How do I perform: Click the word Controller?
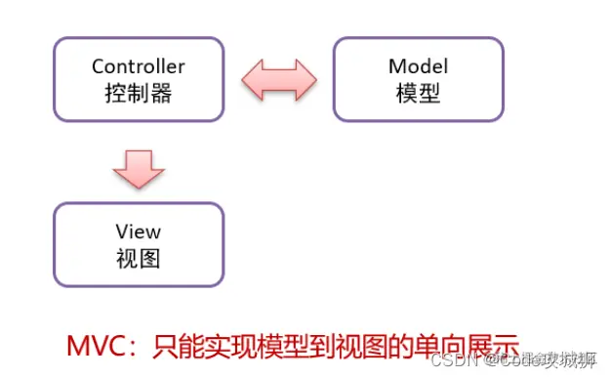point(138,67)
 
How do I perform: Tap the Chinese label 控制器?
point(138,94)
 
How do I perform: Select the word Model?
point(418,67)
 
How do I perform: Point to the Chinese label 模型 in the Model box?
point(418,94)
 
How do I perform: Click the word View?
point(138,232)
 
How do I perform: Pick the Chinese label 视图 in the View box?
point(138,259)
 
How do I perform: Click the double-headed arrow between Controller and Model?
point(278,79)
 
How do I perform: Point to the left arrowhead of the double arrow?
point(251,79)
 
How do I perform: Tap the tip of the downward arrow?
point(138,189)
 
